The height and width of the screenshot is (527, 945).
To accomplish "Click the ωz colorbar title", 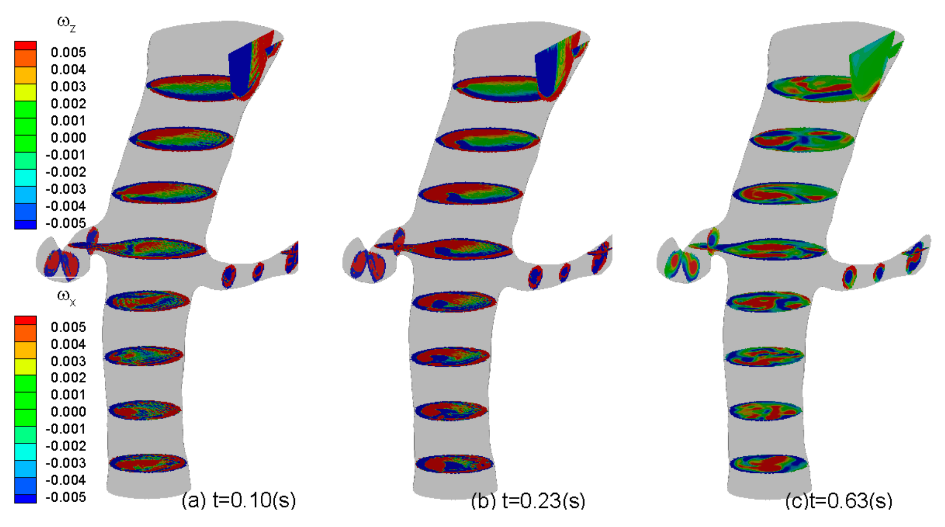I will (x=66, y=23).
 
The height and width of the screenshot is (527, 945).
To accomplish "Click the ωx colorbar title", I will (x=66, y=298).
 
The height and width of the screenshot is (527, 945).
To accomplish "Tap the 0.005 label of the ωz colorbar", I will (x=68, y=53).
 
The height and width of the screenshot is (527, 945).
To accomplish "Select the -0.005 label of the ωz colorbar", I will (x=66, y=223).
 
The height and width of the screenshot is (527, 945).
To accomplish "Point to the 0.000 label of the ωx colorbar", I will (x=68, y=412).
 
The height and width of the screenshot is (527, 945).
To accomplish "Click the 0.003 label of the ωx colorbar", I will (x=68, y=361).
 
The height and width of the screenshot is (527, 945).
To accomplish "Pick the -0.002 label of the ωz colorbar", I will (x=66, y=172).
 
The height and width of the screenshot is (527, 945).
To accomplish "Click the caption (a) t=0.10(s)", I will (x=239, y=500).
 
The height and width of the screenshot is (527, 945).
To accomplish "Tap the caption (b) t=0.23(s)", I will (x=528, y=501).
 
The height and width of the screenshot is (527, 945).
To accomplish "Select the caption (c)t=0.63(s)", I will (x=839, y=501).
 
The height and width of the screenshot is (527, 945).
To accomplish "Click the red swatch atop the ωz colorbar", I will (x=25, y=45).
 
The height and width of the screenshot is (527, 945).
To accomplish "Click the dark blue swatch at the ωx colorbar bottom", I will (x=25, y=499).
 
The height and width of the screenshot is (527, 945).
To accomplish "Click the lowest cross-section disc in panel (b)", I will (x=454, y=463).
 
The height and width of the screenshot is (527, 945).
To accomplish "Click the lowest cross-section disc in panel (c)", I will (x=768, y=463).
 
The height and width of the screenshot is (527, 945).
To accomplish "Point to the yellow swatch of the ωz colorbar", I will (x=25, y=92).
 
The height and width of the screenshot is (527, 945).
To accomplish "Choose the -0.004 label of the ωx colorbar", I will (x=66, y=480).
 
